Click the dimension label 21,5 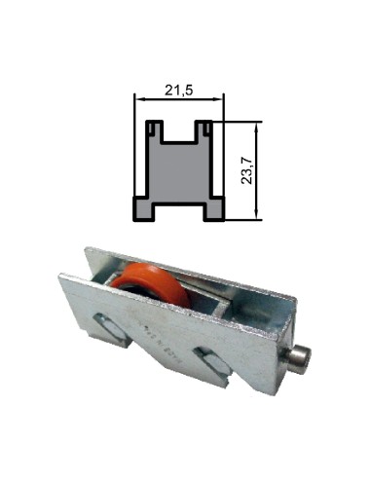click(178, 90)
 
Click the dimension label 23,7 click(247, 170)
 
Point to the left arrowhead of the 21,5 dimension click(139, 99)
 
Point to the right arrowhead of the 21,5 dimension click(219, 99)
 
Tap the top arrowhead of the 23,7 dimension click(257, 127)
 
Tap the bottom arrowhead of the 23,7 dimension click(257, 215)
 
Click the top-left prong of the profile click(154, 131)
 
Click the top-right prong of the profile click(204, 131)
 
